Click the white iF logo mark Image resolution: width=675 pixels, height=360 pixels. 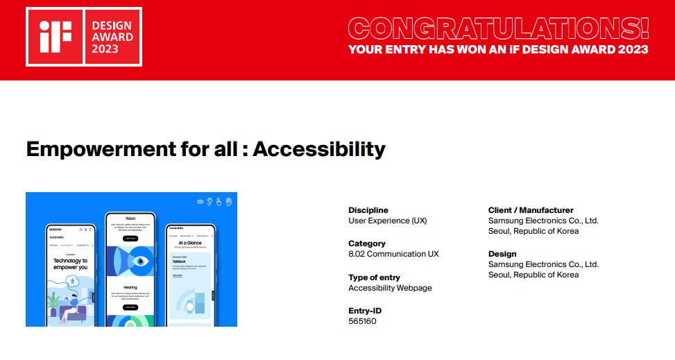tap(54, 37)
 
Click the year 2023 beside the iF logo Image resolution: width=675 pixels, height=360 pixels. tap(105, 49)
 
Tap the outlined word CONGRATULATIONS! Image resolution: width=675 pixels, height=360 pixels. tap(498, 28)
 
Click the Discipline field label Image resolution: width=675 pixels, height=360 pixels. tap(368, 210)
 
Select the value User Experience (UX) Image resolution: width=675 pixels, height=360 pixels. tap(388, 221)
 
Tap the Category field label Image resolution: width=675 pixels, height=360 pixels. tap(367, 243)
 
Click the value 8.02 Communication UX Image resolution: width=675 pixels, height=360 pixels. tap(393, 254)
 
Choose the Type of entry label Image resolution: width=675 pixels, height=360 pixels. tap(374, 277)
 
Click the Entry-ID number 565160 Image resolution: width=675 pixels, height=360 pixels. tap(362, 321)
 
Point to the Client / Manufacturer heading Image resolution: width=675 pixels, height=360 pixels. tap(531, 210)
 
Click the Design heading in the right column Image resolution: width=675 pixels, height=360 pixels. tap(502, 254)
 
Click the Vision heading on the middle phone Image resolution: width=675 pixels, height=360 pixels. tap(130, 218)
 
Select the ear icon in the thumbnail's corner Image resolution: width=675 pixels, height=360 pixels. tap(209, 201)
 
